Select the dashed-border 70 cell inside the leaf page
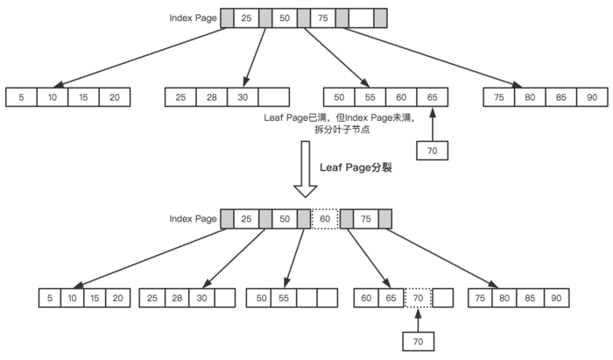pos(418,298)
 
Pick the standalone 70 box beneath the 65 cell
pos(432,150)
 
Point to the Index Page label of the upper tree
pos(192,18)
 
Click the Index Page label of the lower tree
pos(192,219)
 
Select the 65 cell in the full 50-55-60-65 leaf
pos(432,97)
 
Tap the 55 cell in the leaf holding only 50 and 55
pos(284,298)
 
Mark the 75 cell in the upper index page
pos(321,18)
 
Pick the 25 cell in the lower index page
pos(246,218)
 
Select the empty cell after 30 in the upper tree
pos(274,97)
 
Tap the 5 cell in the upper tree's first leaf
pos(21,97)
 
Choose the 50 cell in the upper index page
pos(284,18)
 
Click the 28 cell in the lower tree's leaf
pos(177,298)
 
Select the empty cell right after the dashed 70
pos(443,298)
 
